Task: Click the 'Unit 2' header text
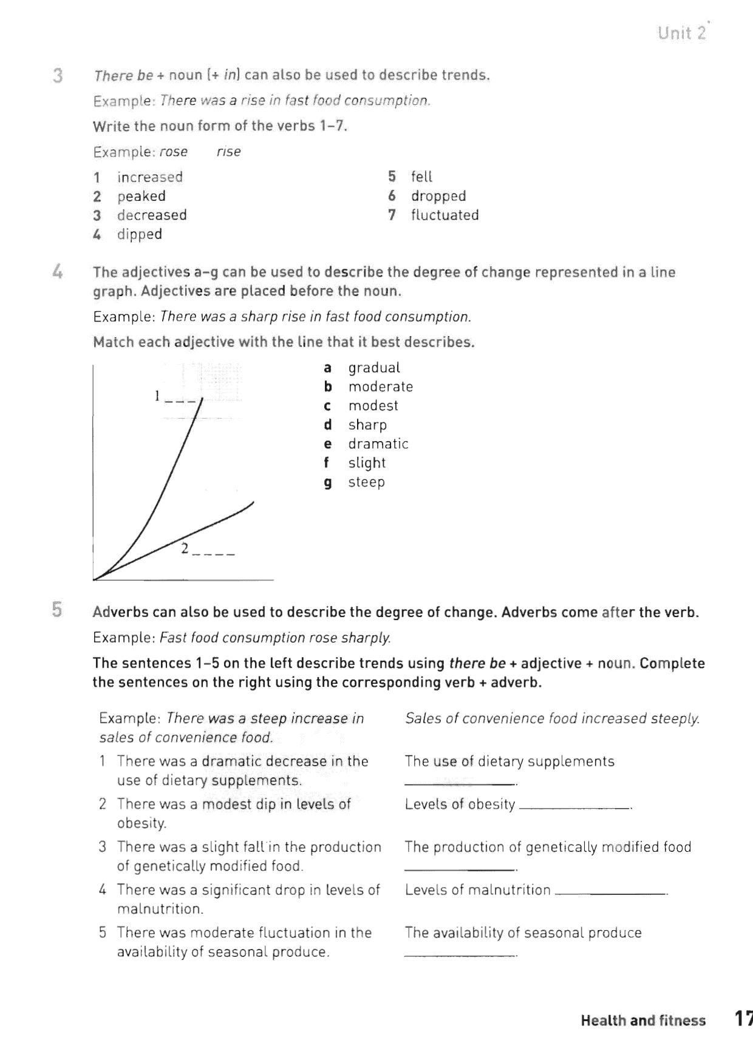pos(682,33)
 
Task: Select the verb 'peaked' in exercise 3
pos(141,196)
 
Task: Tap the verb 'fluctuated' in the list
pos(445,215)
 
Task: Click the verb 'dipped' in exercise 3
pos(139,234)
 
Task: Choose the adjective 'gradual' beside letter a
pos(374,368)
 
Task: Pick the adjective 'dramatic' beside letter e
pos(378,444)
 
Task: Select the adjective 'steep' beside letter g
pos(366,482)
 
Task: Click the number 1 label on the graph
pos(157,396)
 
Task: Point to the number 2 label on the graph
pos(185,549)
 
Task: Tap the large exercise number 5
pos(57,609)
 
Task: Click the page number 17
pos(743,1019)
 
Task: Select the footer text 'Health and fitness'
pos(642,1021)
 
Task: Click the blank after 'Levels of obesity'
pos(574,806)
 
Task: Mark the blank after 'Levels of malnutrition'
pos(610,893)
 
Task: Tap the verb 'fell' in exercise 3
pos(421,177)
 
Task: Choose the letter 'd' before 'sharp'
pos(328,425)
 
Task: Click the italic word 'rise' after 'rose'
pos(228,152)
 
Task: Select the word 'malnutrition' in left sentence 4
pos(160,909)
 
